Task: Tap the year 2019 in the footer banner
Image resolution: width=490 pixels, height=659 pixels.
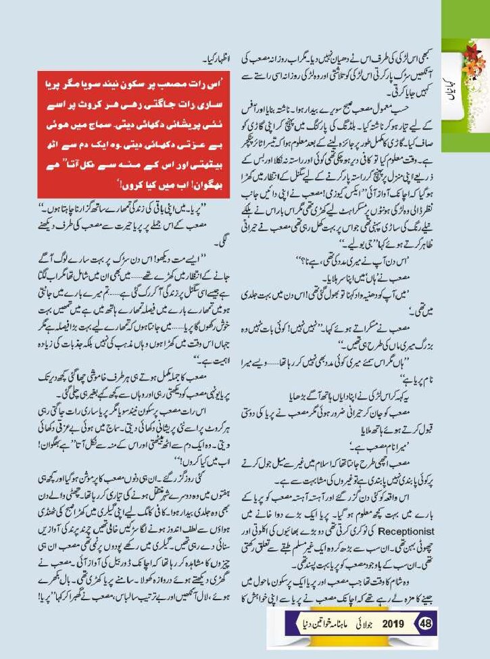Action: pyautogui.click(x=394, y=622)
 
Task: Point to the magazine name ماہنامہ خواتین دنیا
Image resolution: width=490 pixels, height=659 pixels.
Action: pyautogui.click(x=323, y=622)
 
